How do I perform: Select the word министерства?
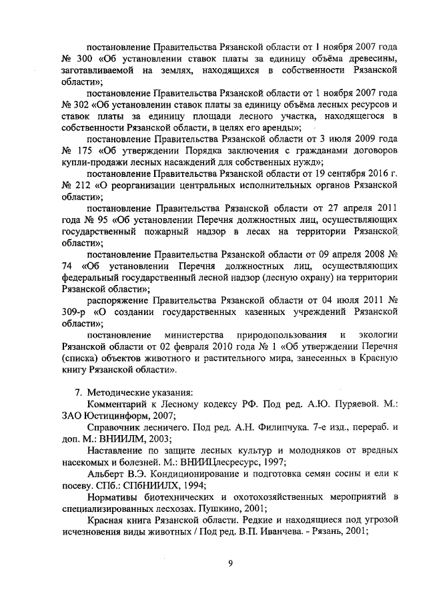point(189,334)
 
